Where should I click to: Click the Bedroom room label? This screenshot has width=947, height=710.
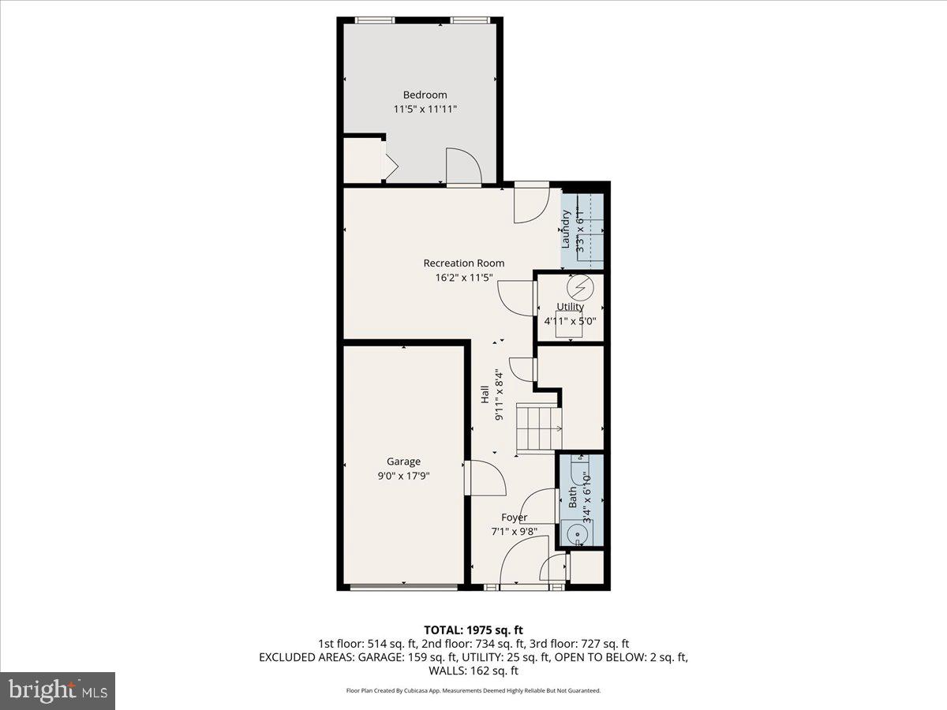425,95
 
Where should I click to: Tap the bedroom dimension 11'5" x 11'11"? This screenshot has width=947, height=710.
425,110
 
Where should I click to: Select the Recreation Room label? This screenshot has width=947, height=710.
463,263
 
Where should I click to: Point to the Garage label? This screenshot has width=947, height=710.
403,461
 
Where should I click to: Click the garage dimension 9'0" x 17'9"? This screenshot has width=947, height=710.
403,476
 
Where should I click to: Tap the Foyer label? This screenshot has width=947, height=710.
514,518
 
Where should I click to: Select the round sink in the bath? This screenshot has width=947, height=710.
578,535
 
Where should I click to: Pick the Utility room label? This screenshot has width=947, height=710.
570,307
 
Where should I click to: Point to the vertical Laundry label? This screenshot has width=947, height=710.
565,230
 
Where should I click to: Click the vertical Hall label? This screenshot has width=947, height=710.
485,394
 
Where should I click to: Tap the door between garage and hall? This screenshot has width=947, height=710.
485,478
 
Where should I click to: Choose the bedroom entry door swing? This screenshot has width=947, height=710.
463,166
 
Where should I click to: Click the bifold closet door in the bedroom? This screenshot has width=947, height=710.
390,163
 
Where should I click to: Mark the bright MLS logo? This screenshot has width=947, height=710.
58,691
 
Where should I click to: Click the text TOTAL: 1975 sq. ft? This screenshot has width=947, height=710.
473,630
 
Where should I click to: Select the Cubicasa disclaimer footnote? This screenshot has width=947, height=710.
473,690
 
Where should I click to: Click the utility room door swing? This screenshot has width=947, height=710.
518,298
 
